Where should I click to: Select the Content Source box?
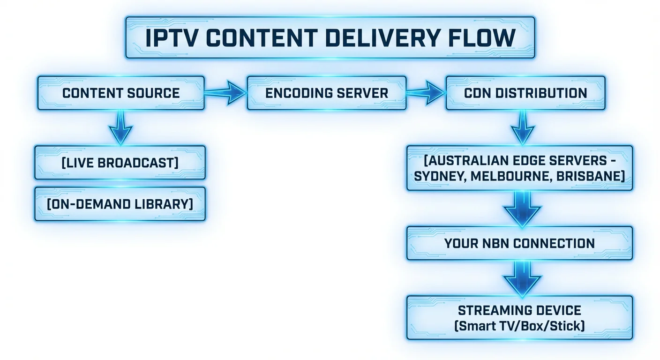(x=121, y=93)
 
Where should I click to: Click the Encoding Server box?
(x=327, y=93)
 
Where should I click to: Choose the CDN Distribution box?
(x=525, y=93)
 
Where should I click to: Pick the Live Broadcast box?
(x=120, y=163)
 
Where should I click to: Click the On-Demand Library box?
(x=120, y=204)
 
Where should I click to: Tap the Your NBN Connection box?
(x=519, y=243)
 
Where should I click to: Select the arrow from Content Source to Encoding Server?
(x=225, y=93)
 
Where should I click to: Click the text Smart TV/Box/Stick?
(x=519, y=325)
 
